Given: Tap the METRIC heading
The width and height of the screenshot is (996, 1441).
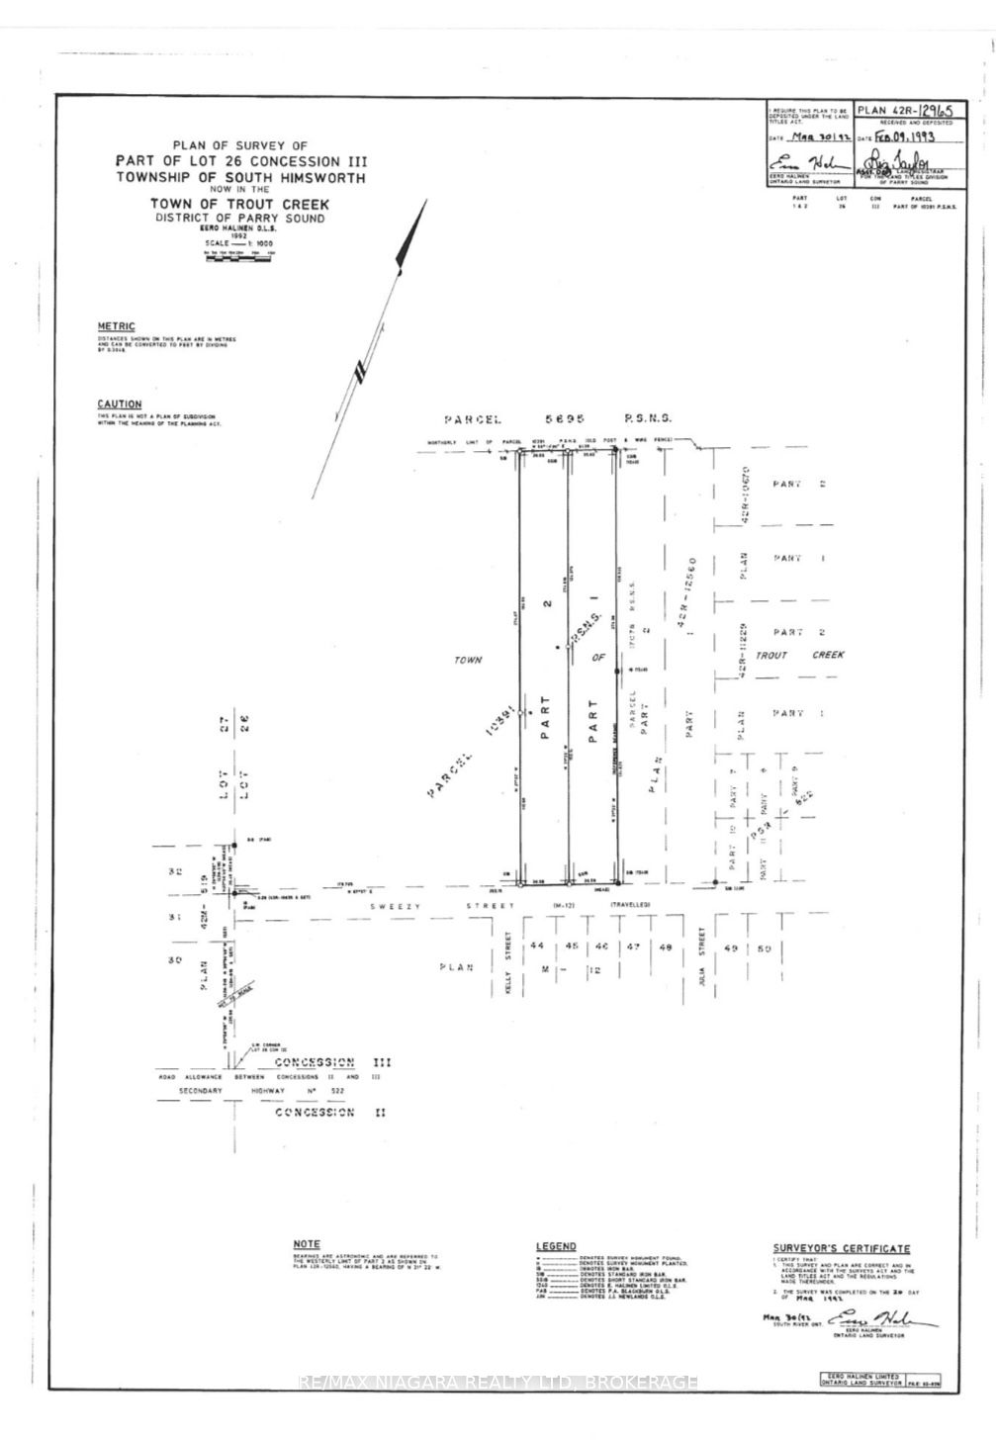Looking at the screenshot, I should [116, 326].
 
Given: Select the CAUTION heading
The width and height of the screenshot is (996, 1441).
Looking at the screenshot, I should [119, 405].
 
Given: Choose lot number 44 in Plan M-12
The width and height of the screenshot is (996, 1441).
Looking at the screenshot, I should [538, 946].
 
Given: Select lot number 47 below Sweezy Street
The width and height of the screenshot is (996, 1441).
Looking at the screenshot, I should [633, 946].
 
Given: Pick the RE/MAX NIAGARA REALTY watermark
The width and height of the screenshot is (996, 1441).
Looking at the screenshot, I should [498, 1382].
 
